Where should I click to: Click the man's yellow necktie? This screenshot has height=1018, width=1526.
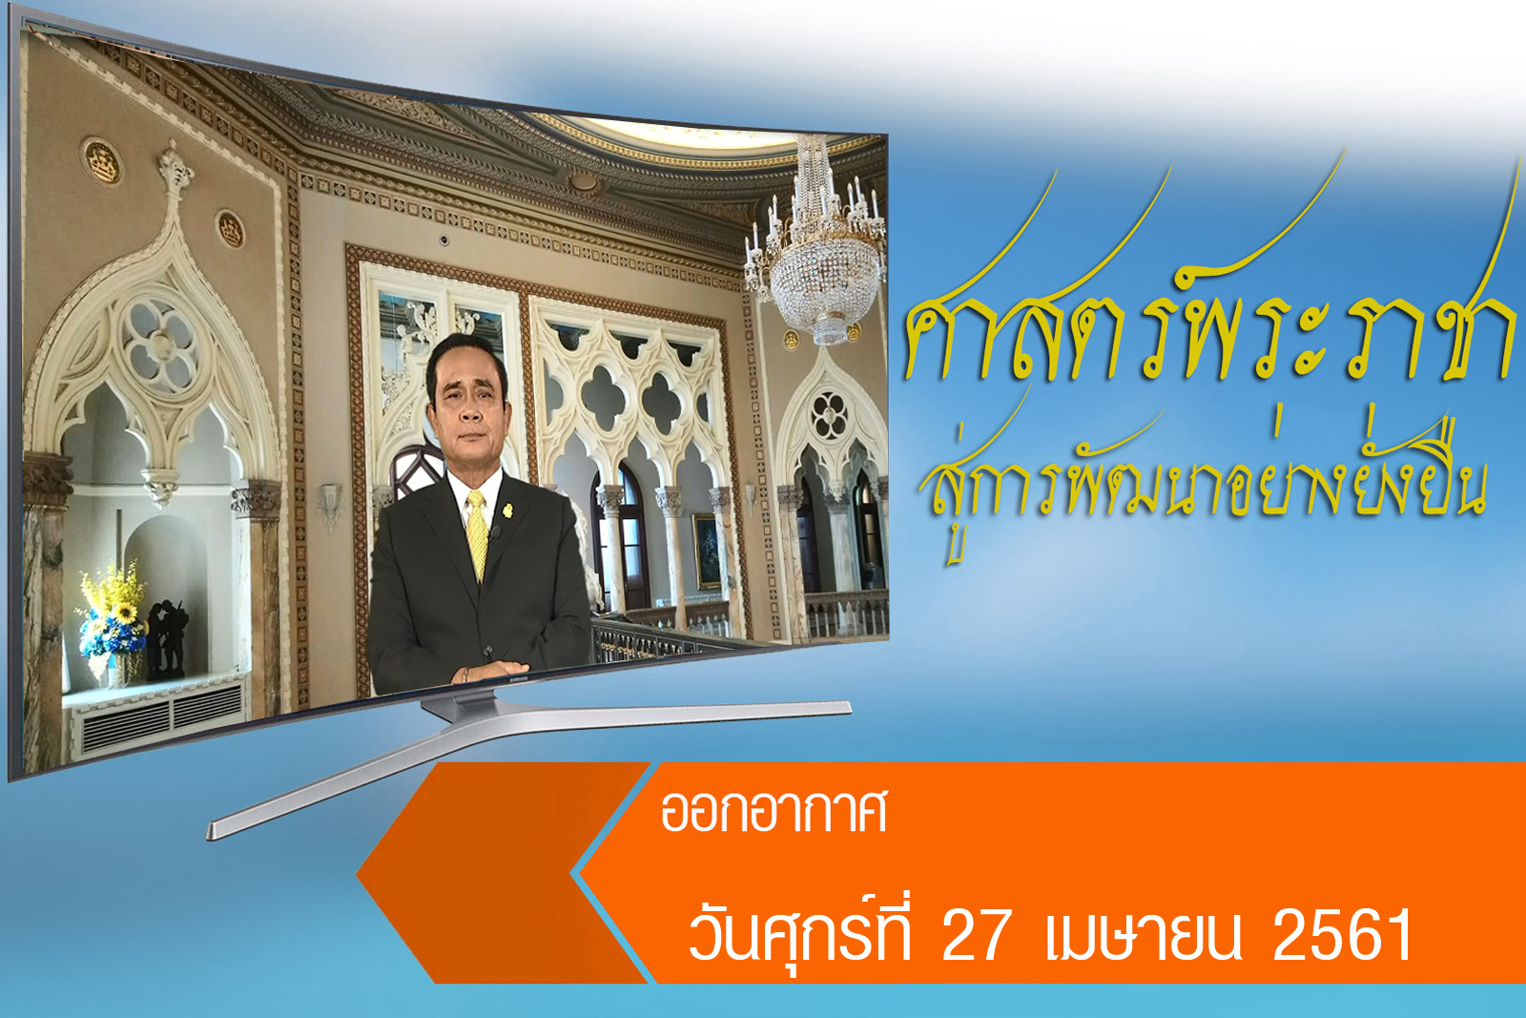click(x=477, y=535)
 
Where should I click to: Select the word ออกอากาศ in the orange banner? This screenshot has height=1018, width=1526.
click(x=773, y=812)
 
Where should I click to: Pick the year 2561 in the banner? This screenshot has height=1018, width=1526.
click(x=1341, y=935)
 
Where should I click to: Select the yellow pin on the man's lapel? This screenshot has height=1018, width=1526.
click(x=507, y=510)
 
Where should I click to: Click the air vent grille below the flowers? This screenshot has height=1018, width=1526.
click(x=162, y=716)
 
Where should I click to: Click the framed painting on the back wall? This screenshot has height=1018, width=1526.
click(x=707, y=551)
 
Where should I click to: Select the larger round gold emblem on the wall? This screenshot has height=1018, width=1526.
click(x=102, y=162)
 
